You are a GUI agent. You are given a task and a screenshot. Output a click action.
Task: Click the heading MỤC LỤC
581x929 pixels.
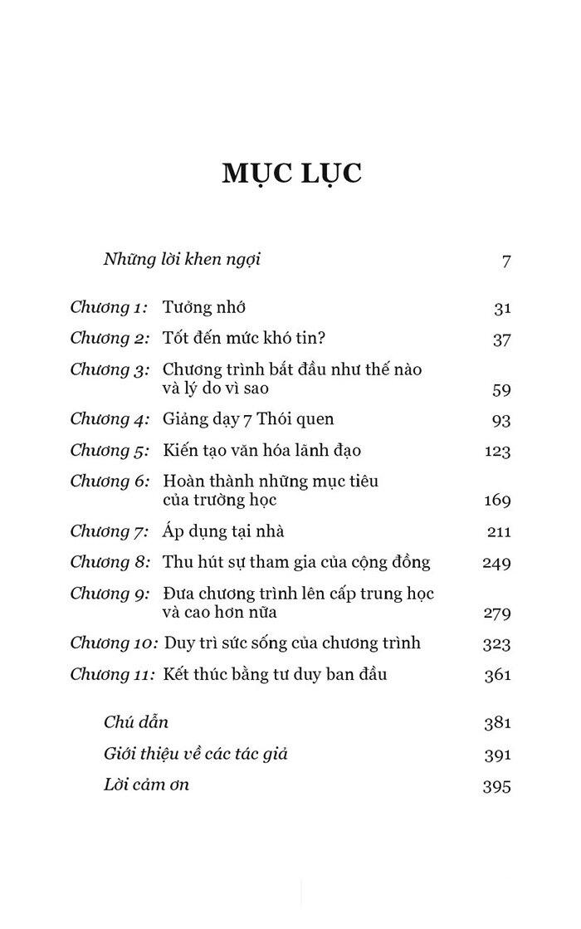(291, 174)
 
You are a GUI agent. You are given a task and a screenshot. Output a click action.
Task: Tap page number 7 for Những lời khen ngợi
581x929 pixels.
(505, 261)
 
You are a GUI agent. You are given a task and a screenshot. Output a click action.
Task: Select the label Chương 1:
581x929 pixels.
(109, 308)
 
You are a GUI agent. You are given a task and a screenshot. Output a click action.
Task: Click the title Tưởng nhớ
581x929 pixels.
(204, 308)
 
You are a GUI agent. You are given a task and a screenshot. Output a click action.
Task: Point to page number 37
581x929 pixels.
(501, 339)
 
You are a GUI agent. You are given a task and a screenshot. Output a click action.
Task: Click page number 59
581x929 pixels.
(501, 390)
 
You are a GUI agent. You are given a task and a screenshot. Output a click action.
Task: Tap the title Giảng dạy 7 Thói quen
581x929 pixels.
(248, 420)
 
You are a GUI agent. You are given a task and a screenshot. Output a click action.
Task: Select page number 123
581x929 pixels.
(496, 452)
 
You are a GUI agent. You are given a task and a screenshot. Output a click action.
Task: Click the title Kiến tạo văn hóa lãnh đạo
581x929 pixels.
(262, 451)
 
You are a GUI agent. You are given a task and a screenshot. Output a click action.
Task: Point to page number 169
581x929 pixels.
(496, 501)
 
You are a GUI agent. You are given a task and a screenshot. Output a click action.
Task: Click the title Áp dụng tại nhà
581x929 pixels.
(223, 531)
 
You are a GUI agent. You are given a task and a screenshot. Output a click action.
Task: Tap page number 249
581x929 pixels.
(496, 563)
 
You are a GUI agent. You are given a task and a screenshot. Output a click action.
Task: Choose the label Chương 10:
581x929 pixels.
(114, 643)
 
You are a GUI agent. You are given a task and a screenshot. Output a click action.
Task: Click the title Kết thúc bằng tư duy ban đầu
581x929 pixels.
(276, 674)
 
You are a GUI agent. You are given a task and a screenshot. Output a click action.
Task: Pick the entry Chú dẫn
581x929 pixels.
(136, 721)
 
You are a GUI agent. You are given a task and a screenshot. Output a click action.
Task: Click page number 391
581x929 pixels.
(496, 755)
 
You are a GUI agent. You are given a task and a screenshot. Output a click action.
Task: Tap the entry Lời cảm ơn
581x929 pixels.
(146, 785)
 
